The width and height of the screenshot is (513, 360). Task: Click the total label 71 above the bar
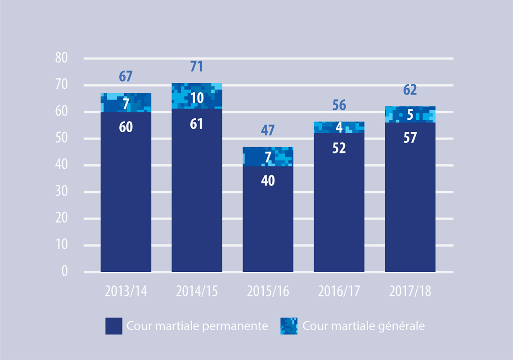tap(197, 67)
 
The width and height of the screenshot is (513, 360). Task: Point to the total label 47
tap(268, 130)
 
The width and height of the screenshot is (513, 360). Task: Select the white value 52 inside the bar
tap(339, 148)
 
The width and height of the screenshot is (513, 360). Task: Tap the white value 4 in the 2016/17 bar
tap(339, 127)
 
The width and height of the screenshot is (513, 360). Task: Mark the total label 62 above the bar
tap(410, 90)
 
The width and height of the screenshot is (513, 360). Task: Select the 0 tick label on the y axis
tap(64, 272)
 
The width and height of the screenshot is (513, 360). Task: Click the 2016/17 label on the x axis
tap(339, 291)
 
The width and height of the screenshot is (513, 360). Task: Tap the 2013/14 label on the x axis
tap(126, 291)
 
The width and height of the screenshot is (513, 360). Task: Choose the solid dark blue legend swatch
tap(114, 326)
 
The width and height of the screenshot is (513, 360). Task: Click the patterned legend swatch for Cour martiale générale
tap(289, 326)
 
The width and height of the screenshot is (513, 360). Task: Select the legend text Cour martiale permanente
tap(198, 326)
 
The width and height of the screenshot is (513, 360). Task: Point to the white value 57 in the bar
tap(410, 138)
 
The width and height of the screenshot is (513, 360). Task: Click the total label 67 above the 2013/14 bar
tap(126, 76)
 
